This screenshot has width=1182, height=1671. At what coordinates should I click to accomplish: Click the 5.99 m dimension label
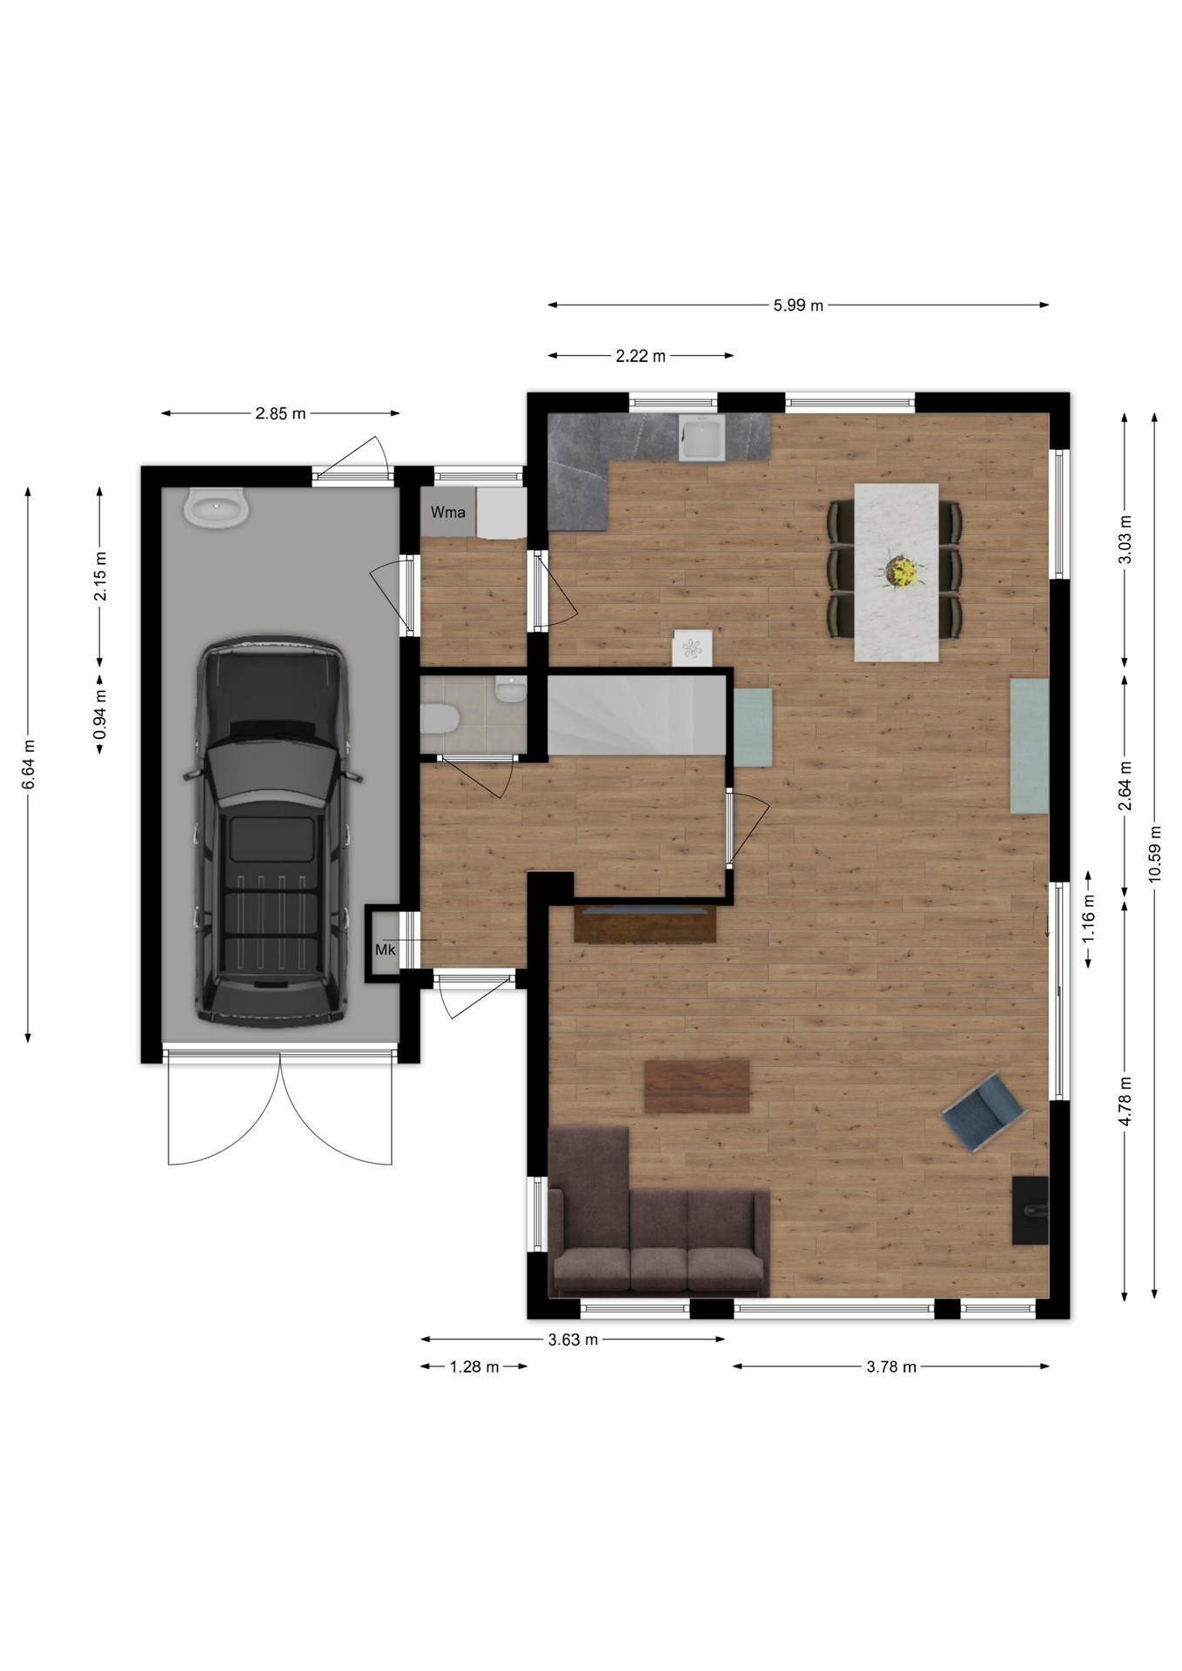[x=798, y=305]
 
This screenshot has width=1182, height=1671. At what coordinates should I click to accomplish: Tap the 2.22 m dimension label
[x=641, y=356]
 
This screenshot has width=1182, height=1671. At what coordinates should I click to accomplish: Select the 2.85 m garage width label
[x=280, y=413]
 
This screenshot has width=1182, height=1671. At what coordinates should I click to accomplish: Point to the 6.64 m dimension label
[x=29, y=764]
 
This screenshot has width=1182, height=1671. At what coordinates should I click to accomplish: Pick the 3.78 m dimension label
[x=891, y=1366]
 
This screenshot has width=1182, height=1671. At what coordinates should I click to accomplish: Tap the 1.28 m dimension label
[x=474, y=1366]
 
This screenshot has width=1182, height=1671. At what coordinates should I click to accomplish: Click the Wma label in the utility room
[x=448, y=513]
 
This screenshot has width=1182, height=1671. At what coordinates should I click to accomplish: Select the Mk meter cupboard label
[x=385, y=950]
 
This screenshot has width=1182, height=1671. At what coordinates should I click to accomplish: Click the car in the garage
[x=271, y=830]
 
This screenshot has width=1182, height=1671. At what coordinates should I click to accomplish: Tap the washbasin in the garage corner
[x=216, y=507]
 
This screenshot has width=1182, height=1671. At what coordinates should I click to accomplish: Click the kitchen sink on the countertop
[x=702, y=438]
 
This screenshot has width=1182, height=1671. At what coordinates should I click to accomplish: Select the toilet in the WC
[x=440, y=720]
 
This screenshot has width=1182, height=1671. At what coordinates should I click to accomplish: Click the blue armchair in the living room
[x=984, y=1111]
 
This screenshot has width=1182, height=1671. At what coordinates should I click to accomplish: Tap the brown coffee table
[x=697, y=1086]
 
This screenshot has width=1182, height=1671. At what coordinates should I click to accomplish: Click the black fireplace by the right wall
[x=1030, y=1210]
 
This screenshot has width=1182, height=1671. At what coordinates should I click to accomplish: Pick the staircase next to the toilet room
[x=636, y=715]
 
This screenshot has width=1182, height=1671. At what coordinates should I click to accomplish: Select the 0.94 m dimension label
[x=101, y=715]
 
